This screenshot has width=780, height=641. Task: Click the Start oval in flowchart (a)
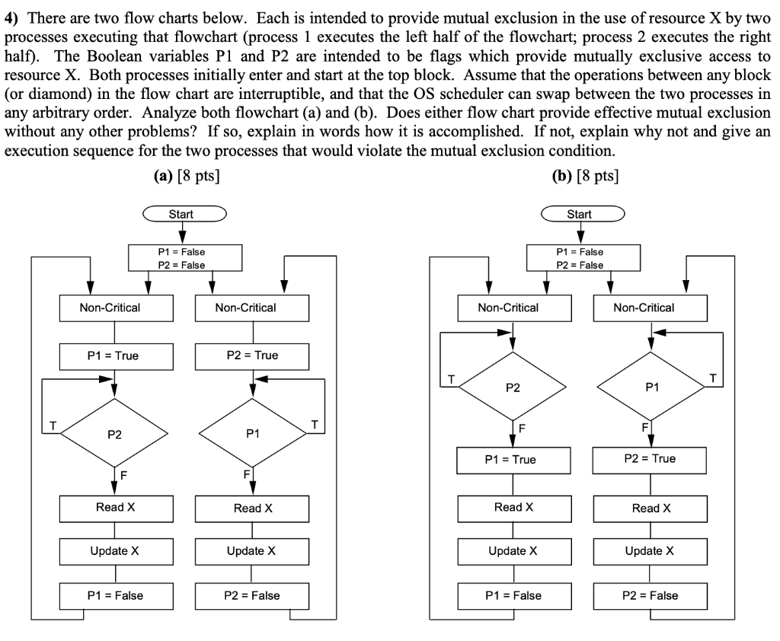coord(181,214)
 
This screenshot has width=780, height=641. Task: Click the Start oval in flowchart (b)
coord(580,214)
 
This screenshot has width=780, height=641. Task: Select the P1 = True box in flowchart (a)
coord(114,356)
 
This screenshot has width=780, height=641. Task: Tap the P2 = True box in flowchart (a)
coord(252,356)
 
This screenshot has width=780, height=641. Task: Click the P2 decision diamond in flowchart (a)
coord(114,435)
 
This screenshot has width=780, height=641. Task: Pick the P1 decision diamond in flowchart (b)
coord(651,387)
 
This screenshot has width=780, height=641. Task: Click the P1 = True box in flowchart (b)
coord(513,459)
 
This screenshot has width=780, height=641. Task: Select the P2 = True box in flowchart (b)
coord(651,459)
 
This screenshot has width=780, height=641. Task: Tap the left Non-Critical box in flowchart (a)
coord(114,308)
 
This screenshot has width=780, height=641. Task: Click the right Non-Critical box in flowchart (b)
coord(651,308)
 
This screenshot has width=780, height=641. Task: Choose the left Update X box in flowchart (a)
coord(114,551)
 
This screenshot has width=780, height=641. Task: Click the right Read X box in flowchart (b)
coord(651,509)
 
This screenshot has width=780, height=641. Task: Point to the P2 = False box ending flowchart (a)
coord(252,595)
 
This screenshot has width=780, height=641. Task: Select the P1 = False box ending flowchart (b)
coord(513,595)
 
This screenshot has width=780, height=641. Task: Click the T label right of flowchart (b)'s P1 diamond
coord(712,378)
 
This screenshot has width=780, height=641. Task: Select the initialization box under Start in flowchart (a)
coord(181,258)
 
